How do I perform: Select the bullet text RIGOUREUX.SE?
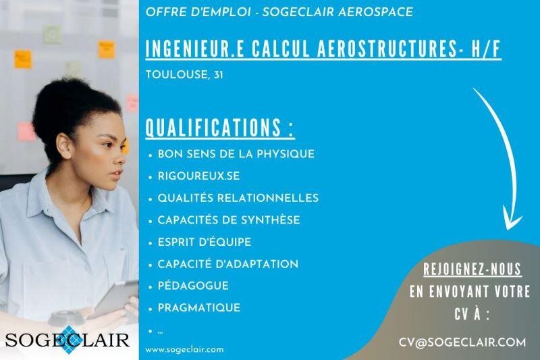click(198, 176)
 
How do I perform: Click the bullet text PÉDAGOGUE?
click(193, 286)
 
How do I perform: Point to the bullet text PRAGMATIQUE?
click(199, 307)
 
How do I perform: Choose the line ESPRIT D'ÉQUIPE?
click(205, 242)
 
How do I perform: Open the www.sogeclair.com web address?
click(184, 350)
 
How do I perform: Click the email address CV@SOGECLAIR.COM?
click(462, 342)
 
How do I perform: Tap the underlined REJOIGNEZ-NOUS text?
click(472, 269)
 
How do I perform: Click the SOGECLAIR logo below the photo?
click(67, 340)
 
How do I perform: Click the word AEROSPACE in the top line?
click(375, 12)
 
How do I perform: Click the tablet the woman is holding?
click(115, 298)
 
